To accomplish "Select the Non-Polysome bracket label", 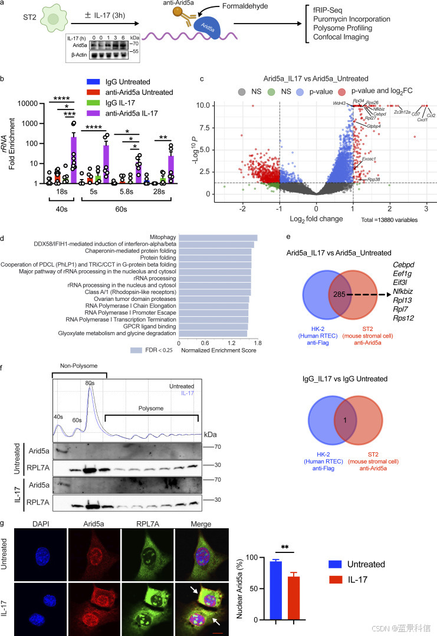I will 79,366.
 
